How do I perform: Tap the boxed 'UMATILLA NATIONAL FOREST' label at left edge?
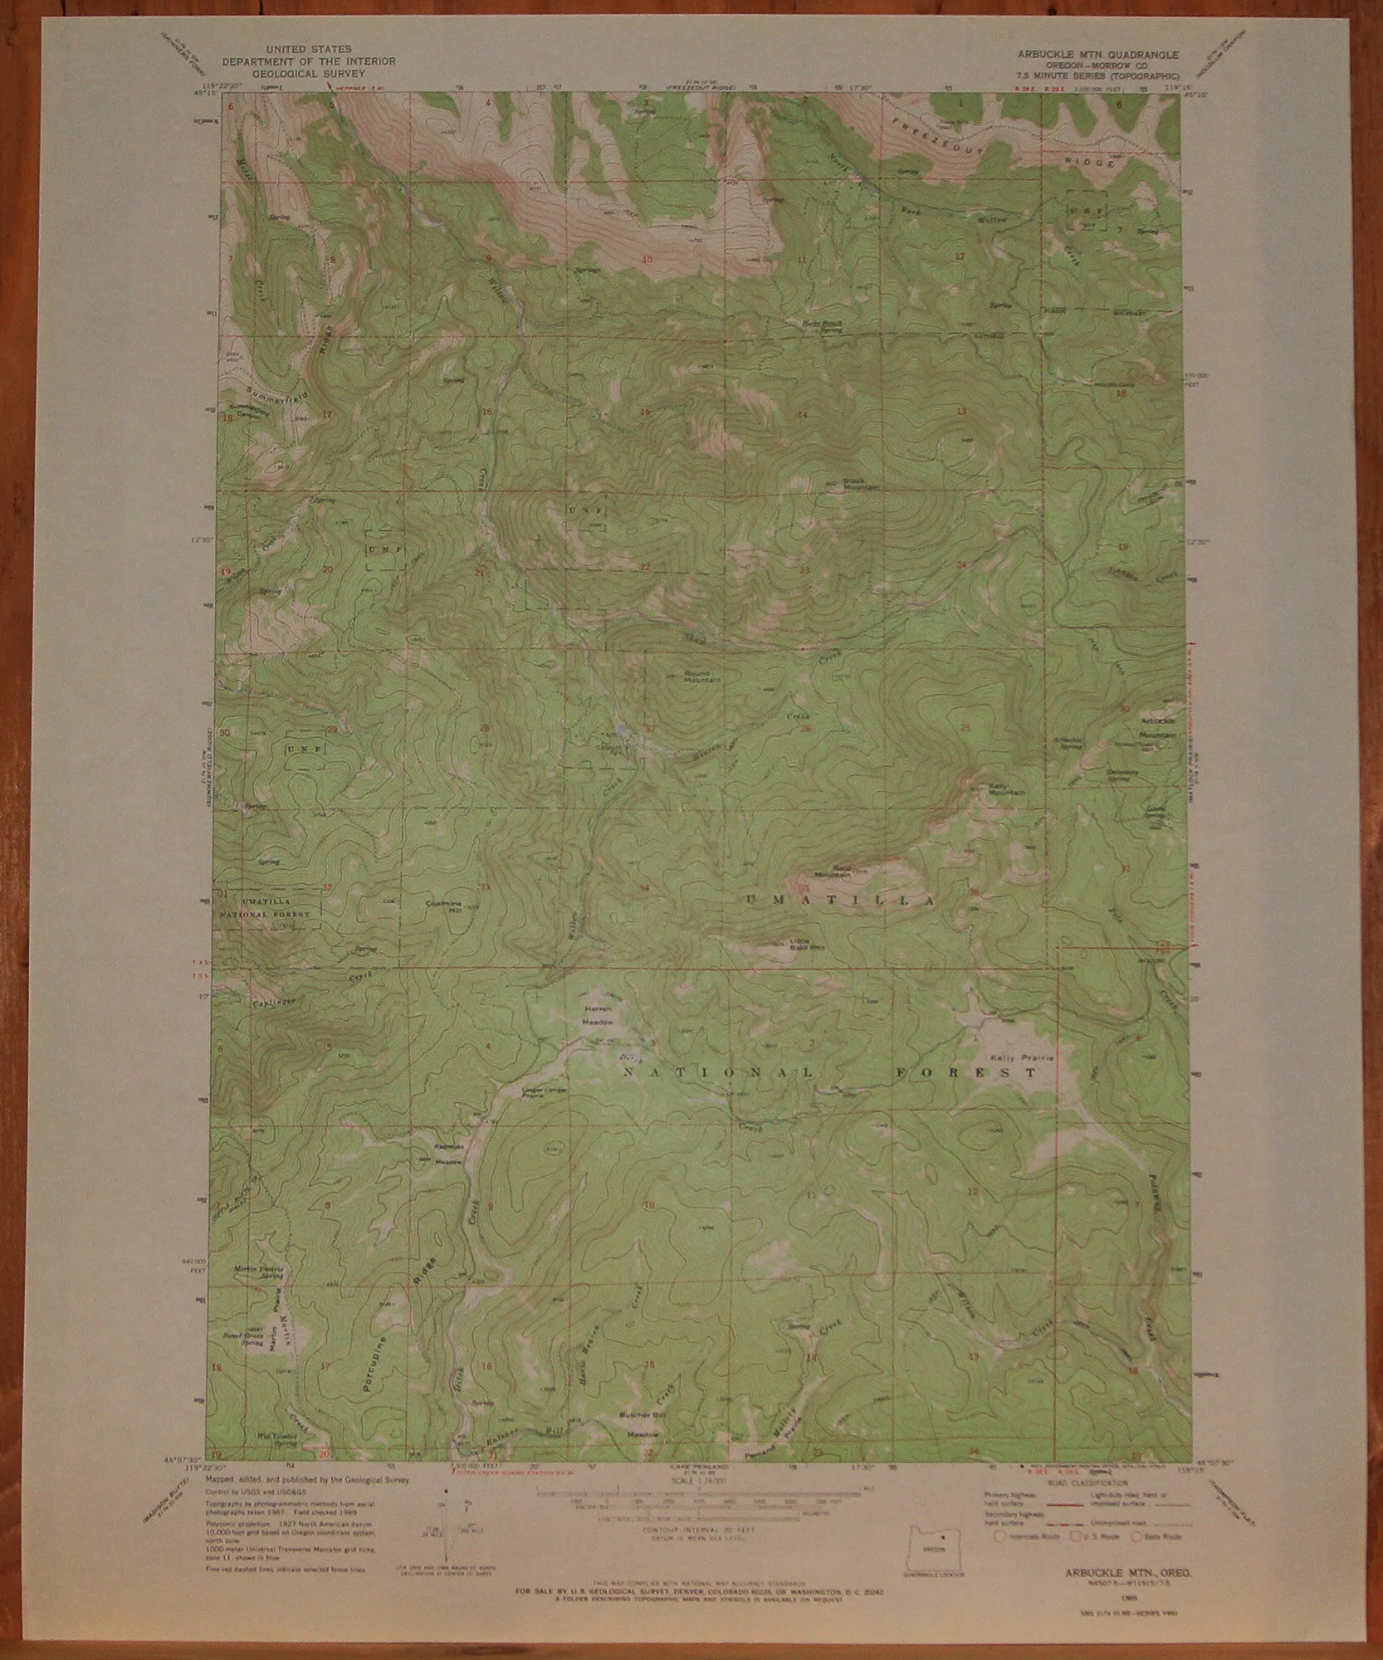pyautogui.click(x=268, y=907)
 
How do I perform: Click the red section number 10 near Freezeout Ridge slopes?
pyautogui.click(x=648, y=259)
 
